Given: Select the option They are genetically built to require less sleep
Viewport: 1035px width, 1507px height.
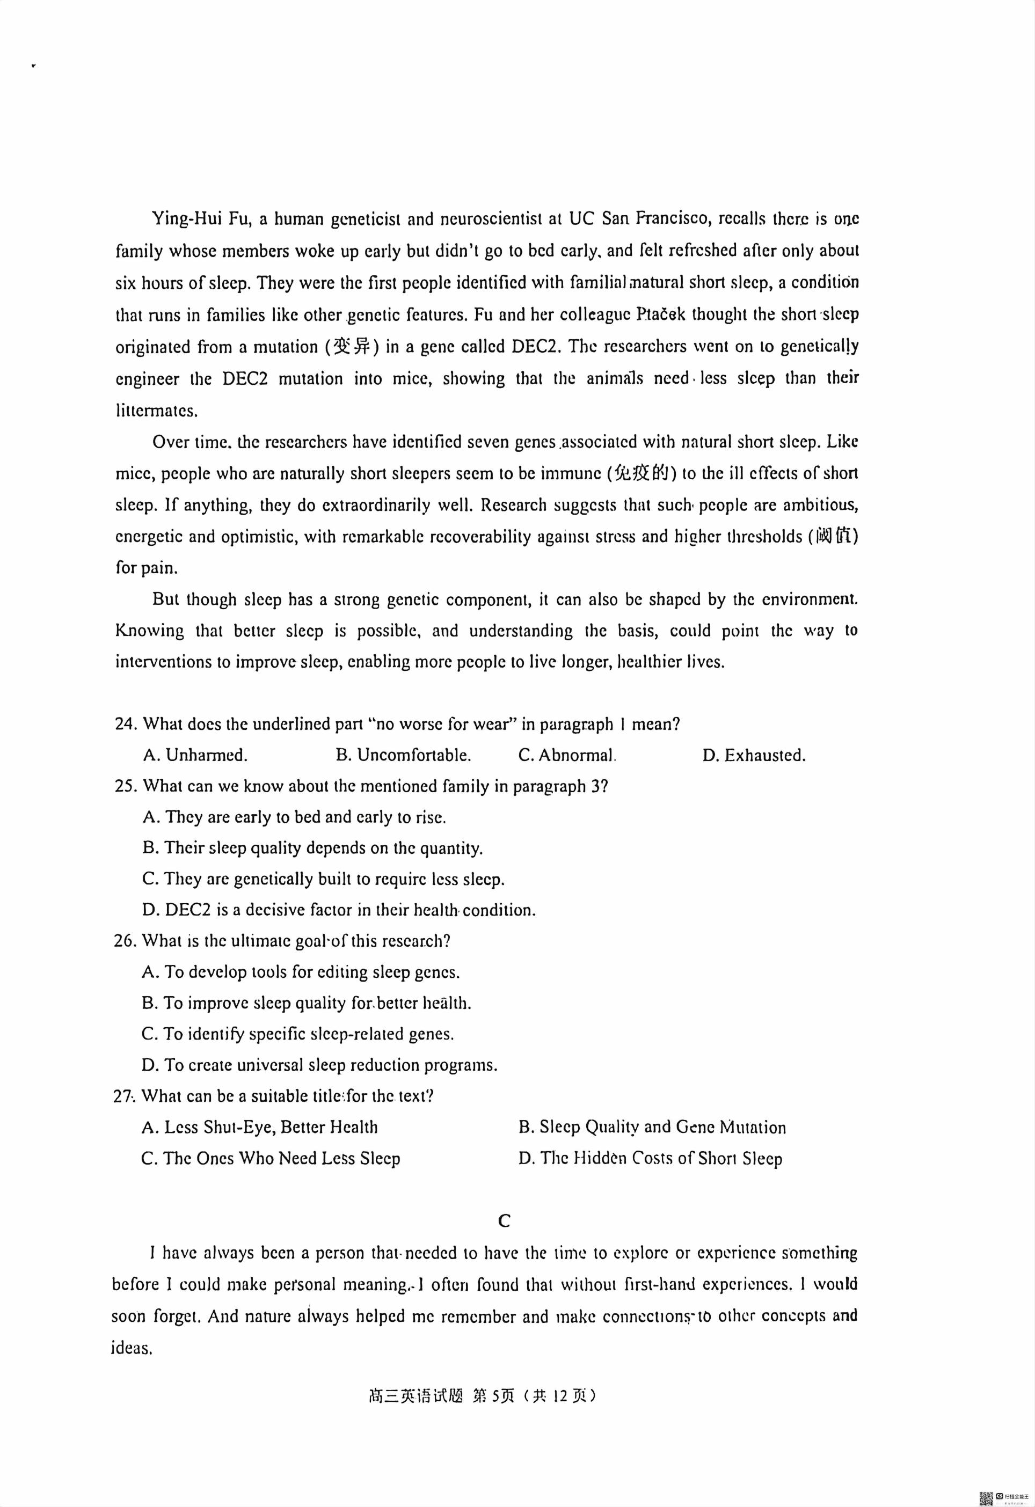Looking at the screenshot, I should tap(323, 879).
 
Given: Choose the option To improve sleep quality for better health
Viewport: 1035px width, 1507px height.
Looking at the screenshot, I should tap(306, 1003).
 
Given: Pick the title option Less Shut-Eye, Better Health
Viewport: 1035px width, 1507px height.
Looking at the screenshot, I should tap(259, 1128).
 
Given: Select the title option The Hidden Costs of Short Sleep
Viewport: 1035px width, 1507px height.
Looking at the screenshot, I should tap(650, 1159).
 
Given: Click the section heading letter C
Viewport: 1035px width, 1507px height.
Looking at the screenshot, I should tap(505, 1221).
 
